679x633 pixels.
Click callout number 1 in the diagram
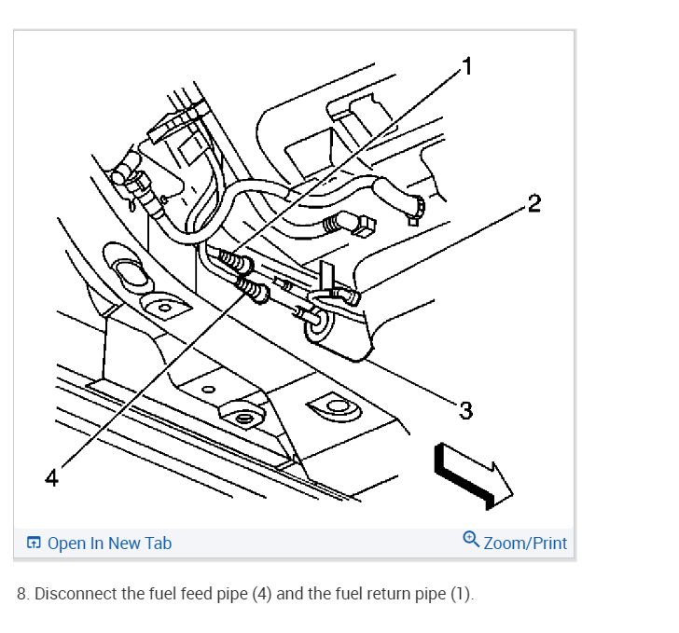(466, 65)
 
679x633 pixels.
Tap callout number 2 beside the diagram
(533, 204)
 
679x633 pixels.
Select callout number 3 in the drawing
(466, 409)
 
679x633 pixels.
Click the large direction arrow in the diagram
(473, 474)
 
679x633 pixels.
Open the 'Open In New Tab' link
(109, 543)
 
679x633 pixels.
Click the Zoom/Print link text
(525, 543)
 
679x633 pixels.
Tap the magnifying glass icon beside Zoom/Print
(471, 541)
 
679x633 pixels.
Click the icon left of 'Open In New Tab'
(34, 543)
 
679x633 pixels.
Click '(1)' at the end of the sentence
(460, 594)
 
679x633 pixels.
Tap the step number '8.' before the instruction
(23, 594)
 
